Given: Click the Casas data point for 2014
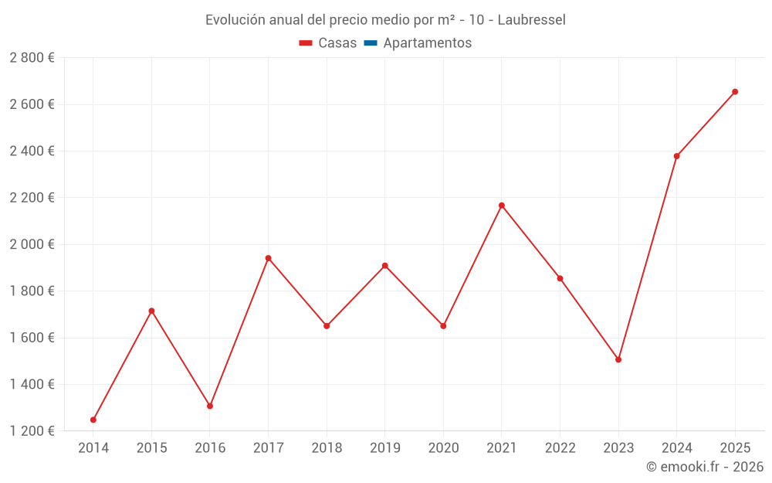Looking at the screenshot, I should click(93, 420).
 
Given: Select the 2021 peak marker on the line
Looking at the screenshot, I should click(502, 206).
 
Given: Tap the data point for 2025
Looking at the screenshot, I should click(735, 92).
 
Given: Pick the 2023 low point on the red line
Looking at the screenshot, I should click(618, 359).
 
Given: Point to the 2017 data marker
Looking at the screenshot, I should click(269, 258).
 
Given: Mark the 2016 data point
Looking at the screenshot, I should click(210, 406).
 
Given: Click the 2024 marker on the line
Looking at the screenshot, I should click(677, 156).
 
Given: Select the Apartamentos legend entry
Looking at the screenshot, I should click(427, 43).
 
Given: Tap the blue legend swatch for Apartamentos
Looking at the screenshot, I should click(370, 43).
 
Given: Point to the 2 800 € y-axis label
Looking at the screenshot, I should click(32, 58).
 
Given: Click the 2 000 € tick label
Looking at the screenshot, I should click(32, 244).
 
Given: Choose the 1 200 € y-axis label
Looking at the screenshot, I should click(32, 431).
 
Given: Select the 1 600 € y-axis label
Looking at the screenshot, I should click(32, 338).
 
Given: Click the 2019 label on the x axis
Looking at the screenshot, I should click(385, 448).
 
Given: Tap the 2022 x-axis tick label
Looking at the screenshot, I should click(560, 448).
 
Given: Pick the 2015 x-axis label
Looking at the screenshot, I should click(151, 448).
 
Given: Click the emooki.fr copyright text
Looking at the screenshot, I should click(705, 467).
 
